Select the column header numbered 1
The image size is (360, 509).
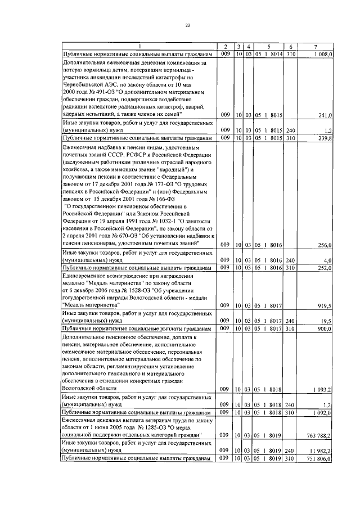(139, 46)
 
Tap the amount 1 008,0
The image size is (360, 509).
(323, 54)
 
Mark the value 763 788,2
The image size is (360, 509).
(321, 435)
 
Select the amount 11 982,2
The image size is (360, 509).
(322, 451)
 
